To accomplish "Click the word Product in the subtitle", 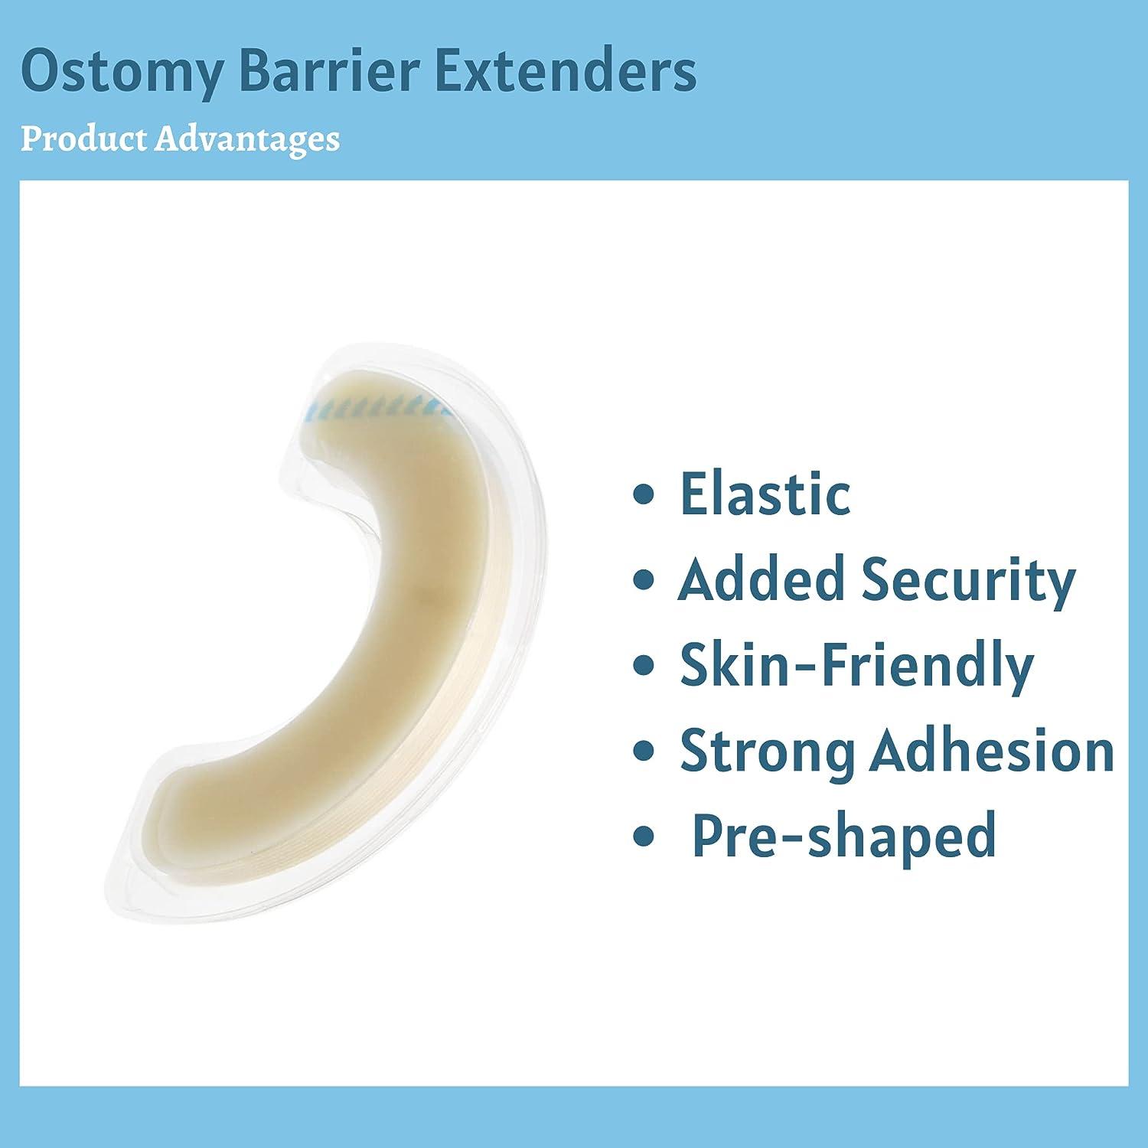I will [80, 139].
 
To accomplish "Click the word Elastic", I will [765, 494].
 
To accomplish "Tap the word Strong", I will [768, 752].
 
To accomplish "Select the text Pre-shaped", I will [844, 836].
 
